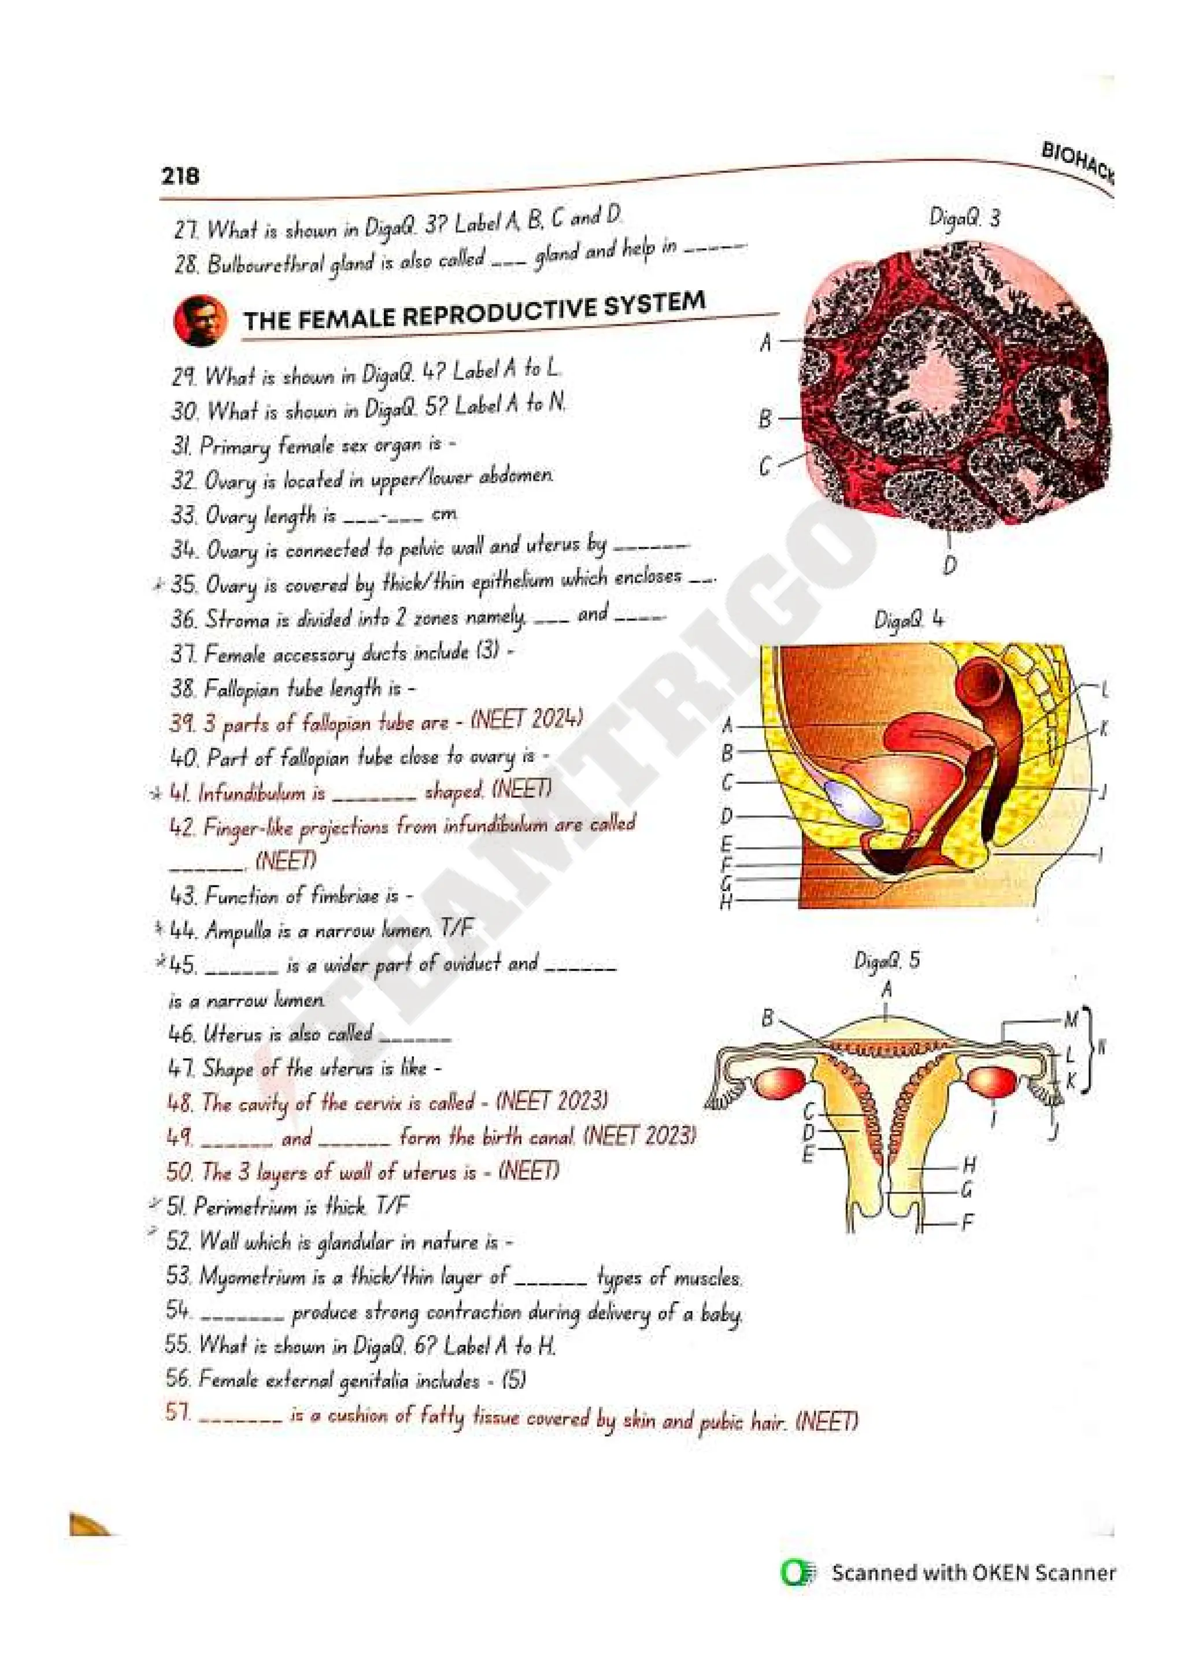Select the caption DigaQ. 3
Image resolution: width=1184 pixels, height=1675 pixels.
point(964,217)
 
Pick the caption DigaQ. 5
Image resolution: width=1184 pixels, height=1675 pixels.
point(886,961)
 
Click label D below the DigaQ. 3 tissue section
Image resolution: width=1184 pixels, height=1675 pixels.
point(950,565)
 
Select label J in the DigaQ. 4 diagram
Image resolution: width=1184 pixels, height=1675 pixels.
point(1103,791)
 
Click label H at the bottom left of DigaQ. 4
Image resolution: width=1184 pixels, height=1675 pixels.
point(726,902)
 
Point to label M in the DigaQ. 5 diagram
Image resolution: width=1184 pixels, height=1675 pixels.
point(1070,1020)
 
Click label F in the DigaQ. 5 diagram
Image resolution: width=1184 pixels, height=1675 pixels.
point(967,1221)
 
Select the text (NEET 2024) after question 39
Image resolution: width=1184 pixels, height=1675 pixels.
point(527,720)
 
